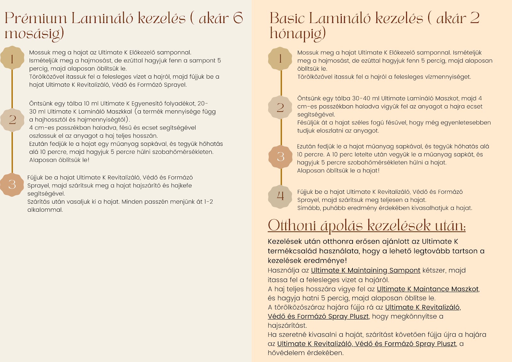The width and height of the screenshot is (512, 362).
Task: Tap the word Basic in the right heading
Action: click(x=287, y=18)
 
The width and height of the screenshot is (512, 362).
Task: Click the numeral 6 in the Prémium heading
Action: click(x=238, y=18)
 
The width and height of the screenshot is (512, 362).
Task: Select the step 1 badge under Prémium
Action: click(x=12, y=59)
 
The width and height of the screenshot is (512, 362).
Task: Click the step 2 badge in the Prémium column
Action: click(x=12, y=120)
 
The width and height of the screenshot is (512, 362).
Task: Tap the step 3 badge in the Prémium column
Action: click(x=12, y=184)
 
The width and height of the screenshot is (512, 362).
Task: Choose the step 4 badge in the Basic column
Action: click(x=280, y=196)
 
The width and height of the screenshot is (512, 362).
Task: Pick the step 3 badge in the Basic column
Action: click(x=280, y=156)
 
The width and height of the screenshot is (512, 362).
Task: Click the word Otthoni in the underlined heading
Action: click(x=292, y=225)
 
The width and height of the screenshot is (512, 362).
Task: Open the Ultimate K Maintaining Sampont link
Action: click(x=365, y=271)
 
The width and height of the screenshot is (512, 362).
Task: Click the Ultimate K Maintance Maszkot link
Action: click(x=428, y=289)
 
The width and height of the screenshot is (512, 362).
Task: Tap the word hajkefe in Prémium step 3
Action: click(x=181, y=185)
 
